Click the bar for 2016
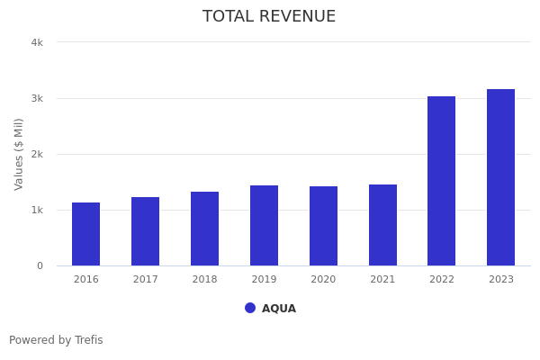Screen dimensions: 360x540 pyautogui.click(x=85, y=234)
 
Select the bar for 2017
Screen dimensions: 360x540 pyautogui.click(x=145, y=231)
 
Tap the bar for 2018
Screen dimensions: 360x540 pyautogui.click(x=204, y=229)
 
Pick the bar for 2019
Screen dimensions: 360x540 pyautogui.click(x=264, y=225)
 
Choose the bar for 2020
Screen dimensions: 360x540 pyautogui.click(x=323, y=226)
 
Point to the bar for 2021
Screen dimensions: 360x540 pyautogui.click(x=382, y=225)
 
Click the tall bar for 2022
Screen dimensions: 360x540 pyautogui.click(x=441, y=181)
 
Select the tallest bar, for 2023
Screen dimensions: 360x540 pyautogui.click(x=500, y=177)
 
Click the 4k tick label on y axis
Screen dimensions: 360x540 pyautogui.click(x=37, y=42)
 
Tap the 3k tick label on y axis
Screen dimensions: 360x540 pyautogui.click(x=37, y=98)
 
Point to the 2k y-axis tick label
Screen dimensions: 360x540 pyautogui.click(x=37, y=154)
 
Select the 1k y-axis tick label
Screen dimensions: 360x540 pyautogui.click(x=37, y=210)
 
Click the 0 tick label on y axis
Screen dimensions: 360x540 pyautogui.click(x=40, y=265)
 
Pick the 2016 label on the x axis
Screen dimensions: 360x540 pyautogui.click(x=85, y=280)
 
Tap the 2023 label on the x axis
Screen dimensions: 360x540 pyautogui.click(x=500, y=280)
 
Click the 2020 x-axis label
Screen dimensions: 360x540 pyautogui.click(x=323, y=280)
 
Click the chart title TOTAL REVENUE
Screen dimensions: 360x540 pyautogui.click(x=269, y=17)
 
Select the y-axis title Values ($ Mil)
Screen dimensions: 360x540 pyautogui.click(x=19, y=154)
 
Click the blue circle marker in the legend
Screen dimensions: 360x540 pyautogui.click(x=250, y=308)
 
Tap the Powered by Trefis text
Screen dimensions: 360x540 pyautogui.click(x=56, y=340)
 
